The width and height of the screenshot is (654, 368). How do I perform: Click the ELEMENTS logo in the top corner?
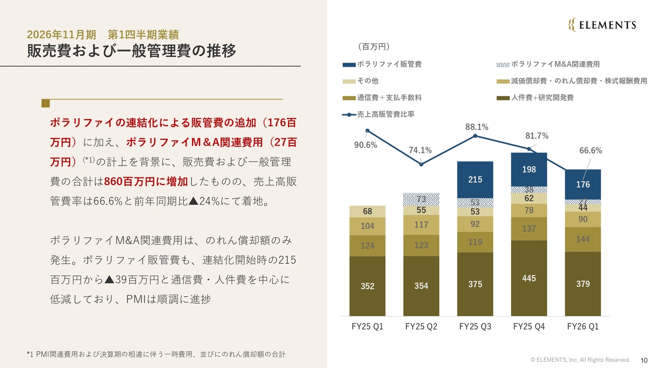pos(602,25)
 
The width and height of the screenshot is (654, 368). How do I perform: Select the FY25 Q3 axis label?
pos(475,327)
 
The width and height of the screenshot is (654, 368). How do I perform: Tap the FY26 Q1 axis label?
pos(583,327)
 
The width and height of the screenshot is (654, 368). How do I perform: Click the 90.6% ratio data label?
pos(365,145)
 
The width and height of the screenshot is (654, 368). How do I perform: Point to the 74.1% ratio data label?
pos(420,150)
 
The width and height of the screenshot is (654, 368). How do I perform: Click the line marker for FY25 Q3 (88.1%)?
pos(475,135)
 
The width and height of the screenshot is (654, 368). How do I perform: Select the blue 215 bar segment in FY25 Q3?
pos(475,179)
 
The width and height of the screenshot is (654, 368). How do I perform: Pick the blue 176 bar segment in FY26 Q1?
pos(583,185)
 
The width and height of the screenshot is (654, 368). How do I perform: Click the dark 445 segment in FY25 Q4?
pos(529,279)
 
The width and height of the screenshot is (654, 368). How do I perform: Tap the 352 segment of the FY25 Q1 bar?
pos(367,286)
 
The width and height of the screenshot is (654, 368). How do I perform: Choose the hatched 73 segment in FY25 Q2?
pos(421,199)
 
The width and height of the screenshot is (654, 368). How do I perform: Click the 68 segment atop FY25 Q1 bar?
pos(367,212)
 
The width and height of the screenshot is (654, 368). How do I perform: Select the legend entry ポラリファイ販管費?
pos(383,64)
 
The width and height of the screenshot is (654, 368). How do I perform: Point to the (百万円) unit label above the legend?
pos(373,47)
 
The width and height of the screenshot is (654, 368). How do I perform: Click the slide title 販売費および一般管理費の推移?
pos(131,51)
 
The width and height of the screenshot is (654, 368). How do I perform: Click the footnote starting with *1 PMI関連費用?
pos(156,354)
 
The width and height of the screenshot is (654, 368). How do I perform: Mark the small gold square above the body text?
pos(45,103)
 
